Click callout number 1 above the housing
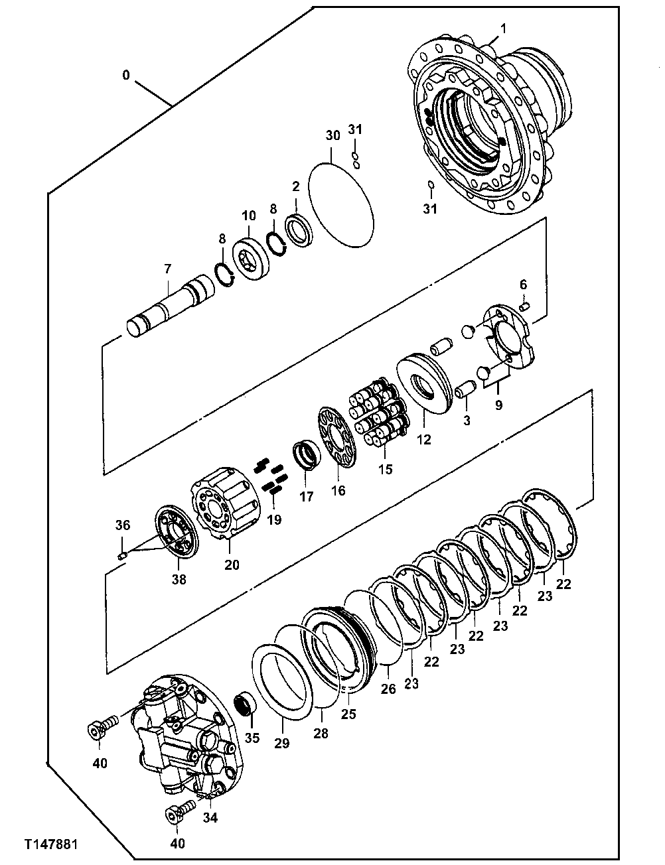pos(503,29)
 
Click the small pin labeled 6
pos(524,306)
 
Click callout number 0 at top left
pos(125,76)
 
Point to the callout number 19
pos(273,519)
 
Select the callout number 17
pos(305,496)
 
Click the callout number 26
pos(388,689)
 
